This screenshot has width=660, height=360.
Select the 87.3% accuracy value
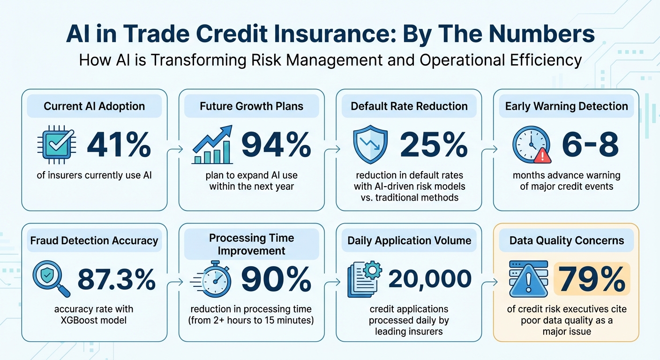(116, 280)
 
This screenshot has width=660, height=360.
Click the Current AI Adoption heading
(95, 106)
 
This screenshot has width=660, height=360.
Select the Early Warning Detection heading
(566, 106)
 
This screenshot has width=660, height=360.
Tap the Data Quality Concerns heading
(566, 241)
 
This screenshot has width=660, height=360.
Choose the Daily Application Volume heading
(409, 241)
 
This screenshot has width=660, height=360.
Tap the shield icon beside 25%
(370, 144)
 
